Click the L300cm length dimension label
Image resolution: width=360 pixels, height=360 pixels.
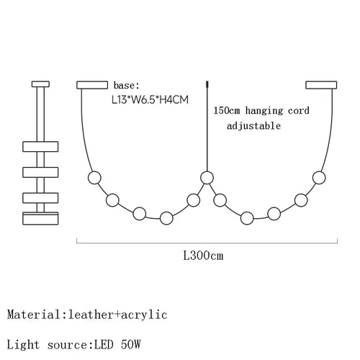click(x=203, y=256)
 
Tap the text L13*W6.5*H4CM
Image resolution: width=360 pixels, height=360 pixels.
click(x=150, y=99)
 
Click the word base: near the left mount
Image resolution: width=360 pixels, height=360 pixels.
click(x=126, y=86)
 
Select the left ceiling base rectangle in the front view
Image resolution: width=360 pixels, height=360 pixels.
click(x=92, y=85)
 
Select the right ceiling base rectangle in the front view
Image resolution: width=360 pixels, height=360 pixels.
click(x=321, y=85)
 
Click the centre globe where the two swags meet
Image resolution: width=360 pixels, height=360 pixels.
click(x=207, y=178)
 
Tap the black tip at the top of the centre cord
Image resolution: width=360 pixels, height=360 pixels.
click(x=207, y=84)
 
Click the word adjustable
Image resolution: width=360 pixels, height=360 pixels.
click(x=253, y=126)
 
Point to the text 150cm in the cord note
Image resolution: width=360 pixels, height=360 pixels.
click(x=227, y=111)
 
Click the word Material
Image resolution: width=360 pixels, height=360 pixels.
click(x=34, y=315)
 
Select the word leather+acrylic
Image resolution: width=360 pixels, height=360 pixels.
click(x=117, y=315)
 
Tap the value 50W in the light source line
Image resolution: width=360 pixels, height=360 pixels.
click(x=130, y=345)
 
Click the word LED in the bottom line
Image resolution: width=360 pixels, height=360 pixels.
click(x=104, y=345)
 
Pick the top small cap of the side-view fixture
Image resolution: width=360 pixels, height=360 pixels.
click(x=40, y=84)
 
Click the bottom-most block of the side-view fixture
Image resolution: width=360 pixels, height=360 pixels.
click(x=40, y=218)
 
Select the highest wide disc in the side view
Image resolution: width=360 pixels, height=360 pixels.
click(x=40, y=146)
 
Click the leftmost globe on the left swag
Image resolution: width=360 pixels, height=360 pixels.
click(x=94, y=178)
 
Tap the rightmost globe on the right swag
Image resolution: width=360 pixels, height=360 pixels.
click(x=319, y=178)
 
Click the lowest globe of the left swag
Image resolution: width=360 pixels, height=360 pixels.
click(x=166, y=218)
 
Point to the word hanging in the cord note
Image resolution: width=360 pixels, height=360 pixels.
click(x=264, y=111)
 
